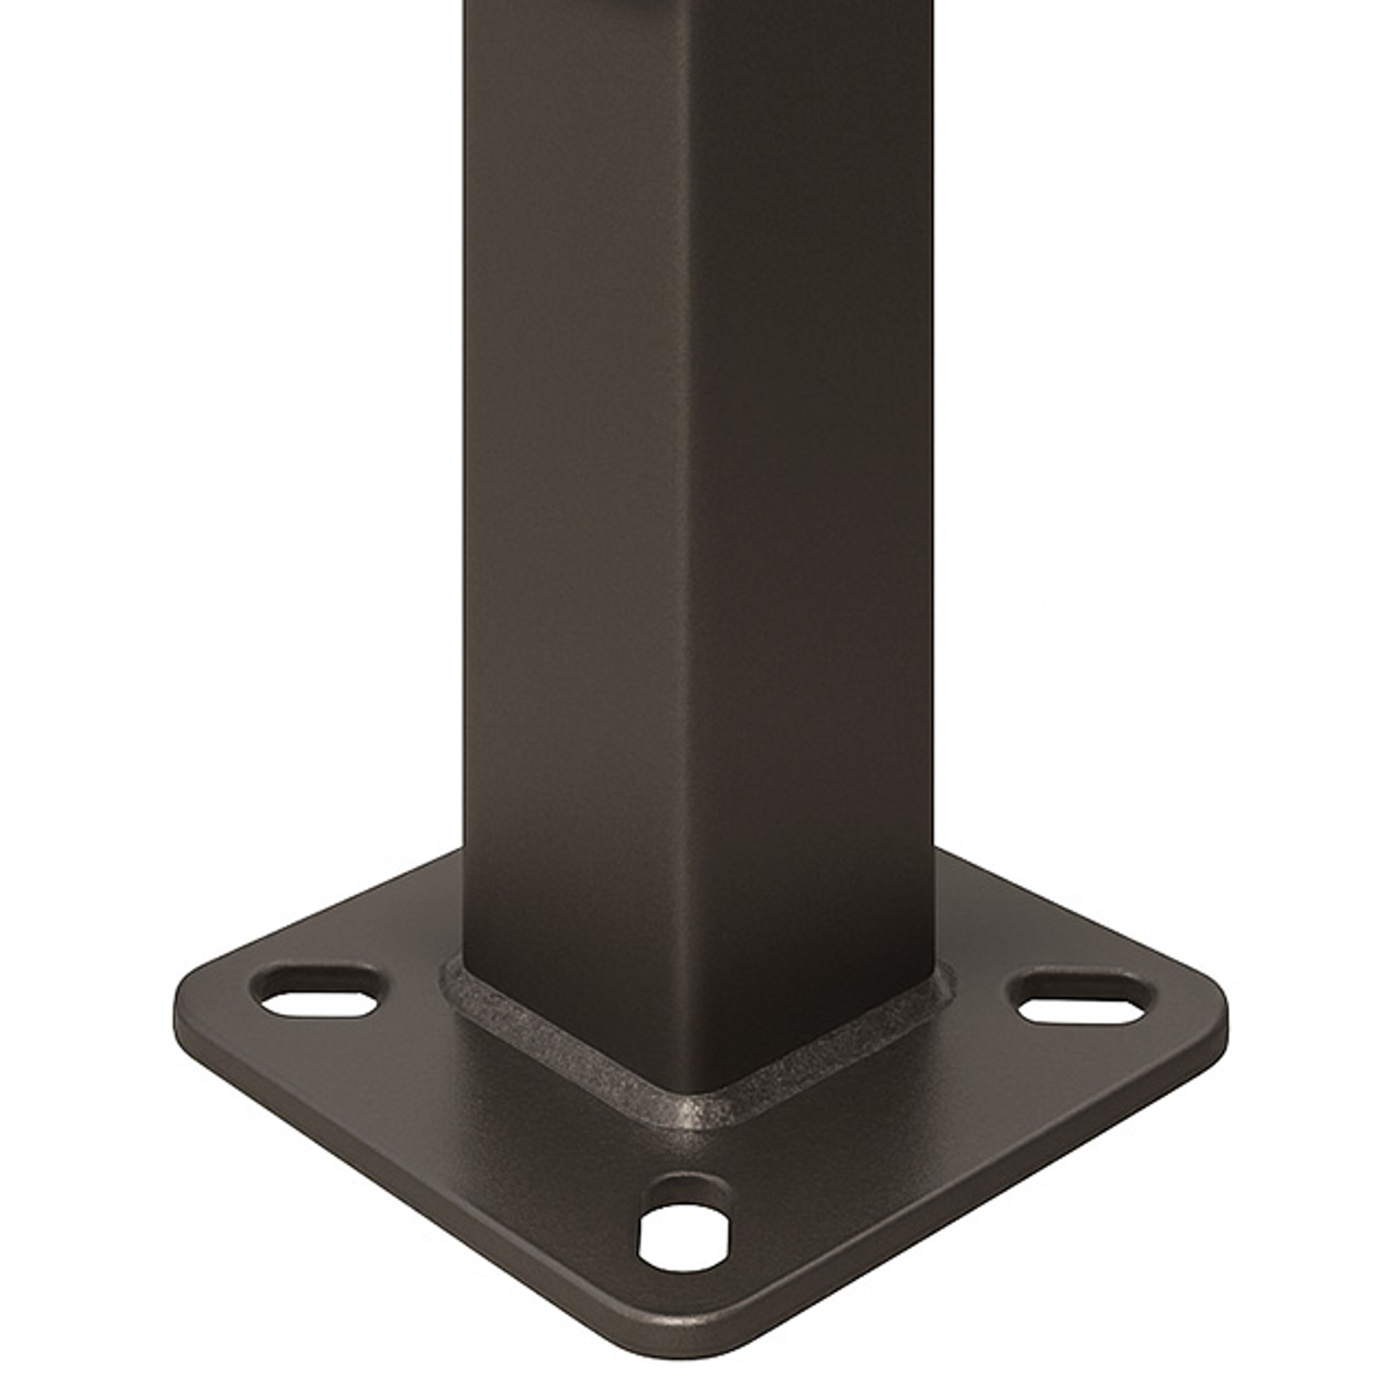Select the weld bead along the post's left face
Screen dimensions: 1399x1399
coord(561,1049)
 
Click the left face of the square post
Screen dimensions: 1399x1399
coord(576,510)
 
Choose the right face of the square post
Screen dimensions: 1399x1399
coord(816,510)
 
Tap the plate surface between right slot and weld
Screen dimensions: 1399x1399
coord(991,1027)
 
